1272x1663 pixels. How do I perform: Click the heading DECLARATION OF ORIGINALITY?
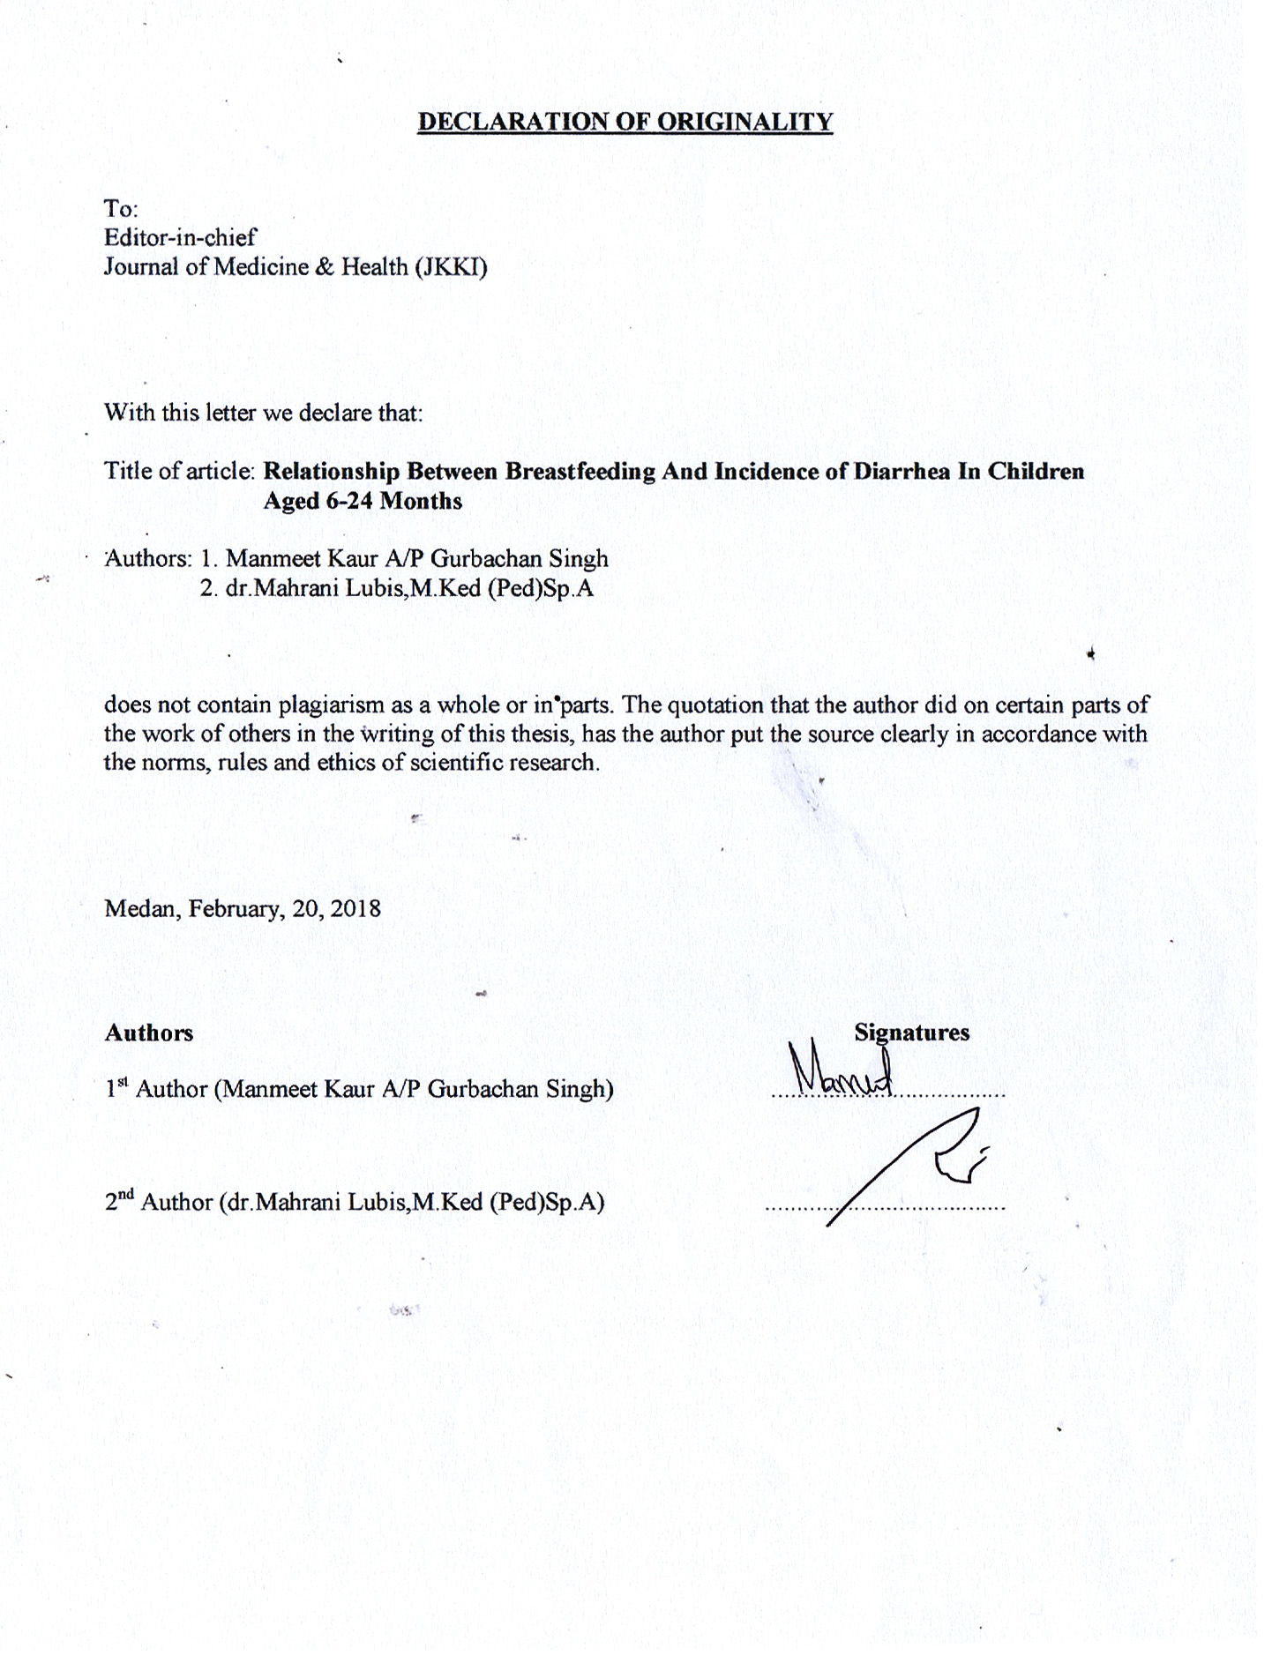(x=625, y=122)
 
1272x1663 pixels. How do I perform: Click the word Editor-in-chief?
(x=180, y=237)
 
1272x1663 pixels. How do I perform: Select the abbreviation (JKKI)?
(x=451, y=266)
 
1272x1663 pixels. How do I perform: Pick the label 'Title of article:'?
(x=180, y=471)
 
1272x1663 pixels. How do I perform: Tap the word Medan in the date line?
(x=140, y=908)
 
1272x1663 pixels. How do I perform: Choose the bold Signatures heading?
(x=911, y=1033)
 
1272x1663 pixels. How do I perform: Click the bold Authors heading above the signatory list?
(x=148, y=1033)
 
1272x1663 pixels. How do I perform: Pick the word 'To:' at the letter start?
(x=121, y=209)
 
